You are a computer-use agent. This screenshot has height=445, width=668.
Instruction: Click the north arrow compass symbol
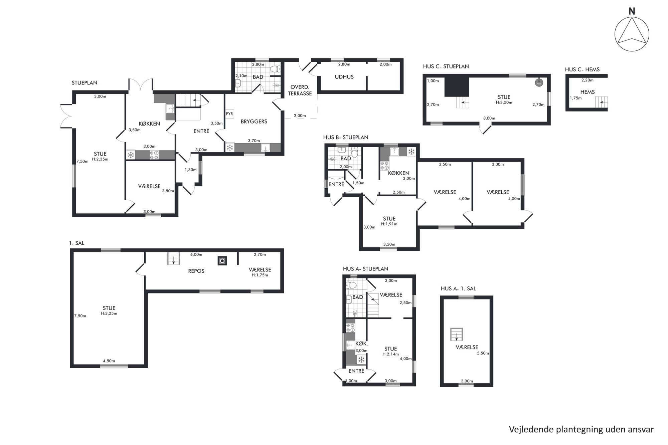click(x=632, y=34)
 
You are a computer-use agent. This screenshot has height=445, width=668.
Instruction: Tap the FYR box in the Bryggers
click(x=229, y=114)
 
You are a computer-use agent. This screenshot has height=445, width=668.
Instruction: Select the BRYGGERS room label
click(x=254, y=122)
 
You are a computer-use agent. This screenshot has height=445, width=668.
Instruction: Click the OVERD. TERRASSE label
click(x=300, y=90)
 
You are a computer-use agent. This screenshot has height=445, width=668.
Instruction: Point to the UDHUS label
click(x=344, y=77)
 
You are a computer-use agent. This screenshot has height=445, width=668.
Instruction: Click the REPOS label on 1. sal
click(x=196, y=271)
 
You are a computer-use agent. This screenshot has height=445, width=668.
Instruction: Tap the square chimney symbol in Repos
click(x=222, y=261)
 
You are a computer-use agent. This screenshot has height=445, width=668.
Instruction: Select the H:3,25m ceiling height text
click(x=109, y=314)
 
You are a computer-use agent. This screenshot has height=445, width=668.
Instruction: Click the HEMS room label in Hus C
click(x=587, y=92)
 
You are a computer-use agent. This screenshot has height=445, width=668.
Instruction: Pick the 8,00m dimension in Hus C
click(x=489, y=118)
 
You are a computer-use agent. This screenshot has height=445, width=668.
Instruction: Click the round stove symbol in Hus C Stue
click(x=539, y=82)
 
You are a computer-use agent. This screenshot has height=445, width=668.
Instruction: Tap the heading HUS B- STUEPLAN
click(x=346, y=137)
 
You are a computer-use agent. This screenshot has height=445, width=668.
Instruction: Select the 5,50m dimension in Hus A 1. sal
click(x=483, y=353)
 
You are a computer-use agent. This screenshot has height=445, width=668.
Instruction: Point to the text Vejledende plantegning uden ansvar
click(x=581, y=429)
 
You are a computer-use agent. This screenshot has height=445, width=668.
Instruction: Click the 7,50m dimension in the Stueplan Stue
click(x=82, y=162)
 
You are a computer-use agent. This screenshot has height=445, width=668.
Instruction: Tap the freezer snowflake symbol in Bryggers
click(x=230, y=148)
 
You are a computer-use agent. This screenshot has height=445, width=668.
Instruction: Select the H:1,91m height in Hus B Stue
click(x=389, y=224)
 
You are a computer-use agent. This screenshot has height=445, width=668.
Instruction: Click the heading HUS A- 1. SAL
click(x=458, y=289)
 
